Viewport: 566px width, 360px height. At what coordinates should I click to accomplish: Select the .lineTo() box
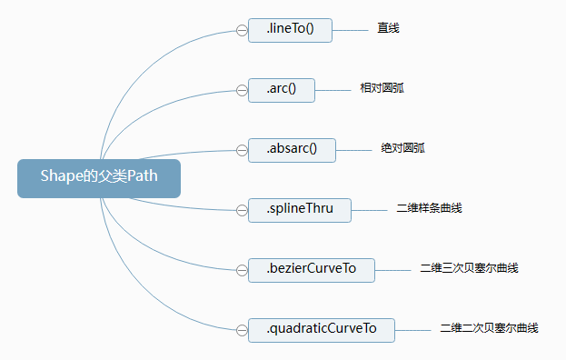click(x=290, y=30)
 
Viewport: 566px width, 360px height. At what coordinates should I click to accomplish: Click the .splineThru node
click(x=299, y=209)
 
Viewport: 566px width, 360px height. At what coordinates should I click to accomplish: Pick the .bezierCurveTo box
click(x=311, y=269)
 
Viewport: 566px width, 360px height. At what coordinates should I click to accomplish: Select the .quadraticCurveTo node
click(x=321, y=329)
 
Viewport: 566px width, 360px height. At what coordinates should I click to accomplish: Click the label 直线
click(x=389, y=29)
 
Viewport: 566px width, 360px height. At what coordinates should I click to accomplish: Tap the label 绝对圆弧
click(x=402, y=148)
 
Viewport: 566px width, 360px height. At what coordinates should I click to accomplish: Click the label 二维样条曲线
click(x=430, y=208)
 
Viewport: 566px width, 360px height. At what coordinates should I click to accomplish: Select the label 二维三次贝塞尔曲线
click(x=469, y=268)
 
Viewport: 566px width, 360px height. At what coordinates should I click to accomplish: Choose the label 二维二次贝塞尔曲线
click(x=489, y=328)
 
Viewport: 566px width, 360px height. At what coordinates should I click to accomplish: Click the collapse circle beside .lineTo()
click(x=242, y=30)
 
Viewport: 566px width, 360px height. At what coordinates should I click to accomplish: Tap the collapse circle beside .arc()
click(x=242, y=90)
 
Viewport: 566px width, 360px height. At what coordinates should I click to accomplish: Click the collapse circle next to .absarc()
click(x=242, y=150)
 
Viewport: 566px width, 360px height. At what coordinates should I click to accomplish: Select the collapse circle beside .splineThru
click(x=242, y=209)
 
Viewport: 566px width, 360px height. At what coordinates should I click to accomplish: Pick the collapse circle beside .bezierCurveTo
click(x=242, y=269)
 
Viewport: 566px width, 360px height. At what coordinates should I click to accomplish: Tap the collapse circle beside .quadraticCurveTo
click(x=242, y=329)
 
